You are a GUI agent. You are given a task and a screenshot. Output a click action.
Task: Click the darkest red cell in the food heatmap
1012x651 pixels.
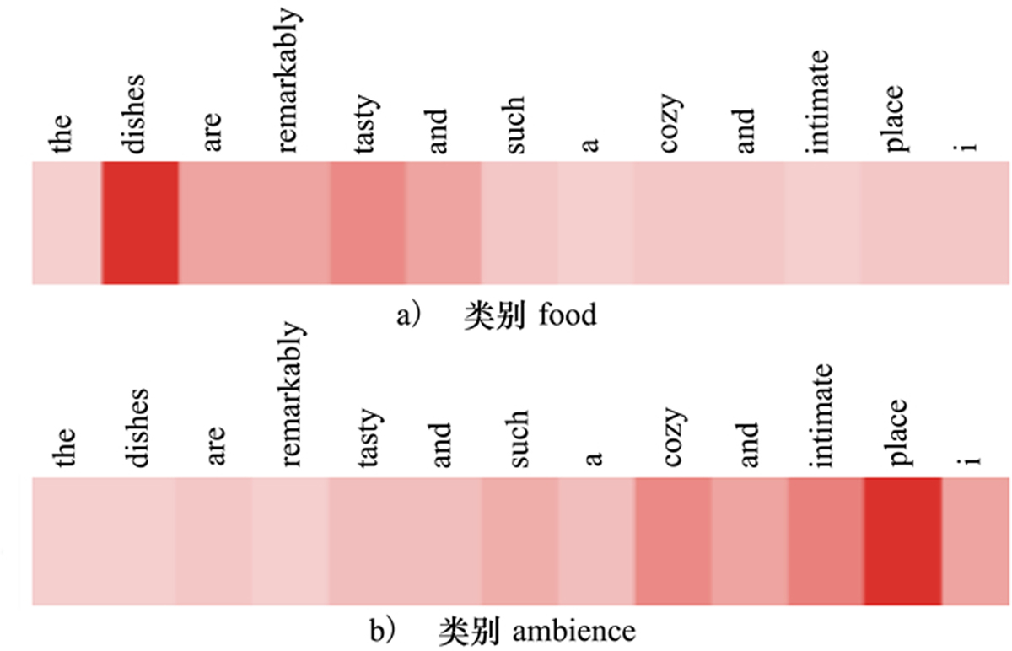(x=139, y=223)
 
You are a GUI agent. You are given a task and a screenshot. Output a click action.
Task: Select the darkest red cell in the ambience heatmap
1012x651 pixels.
(x=902, y=541)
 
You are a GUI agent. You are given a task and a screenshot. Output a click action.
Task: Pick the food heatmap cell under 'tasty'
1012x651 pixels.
(x=368, y=223)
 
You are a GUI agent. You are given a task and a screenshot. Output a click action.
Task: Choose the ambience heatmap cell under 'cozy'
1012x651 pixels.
(x=673, y=541)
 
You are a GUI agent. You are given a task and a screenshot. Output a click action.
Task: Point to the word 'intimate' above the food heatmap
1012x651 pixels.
(x=821, y=102)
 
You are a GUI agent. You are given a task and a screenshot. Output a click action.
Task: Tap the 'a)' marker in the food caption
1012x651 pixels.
(x=407, y=316)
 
